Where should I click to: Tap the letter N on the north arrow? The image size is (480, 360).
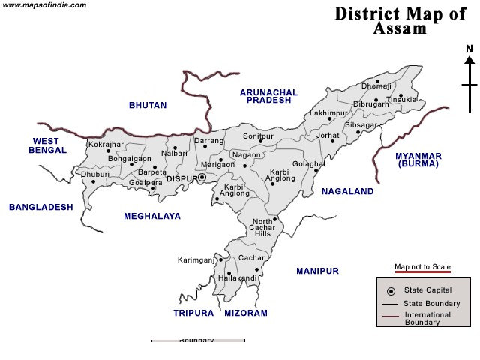point(469,49)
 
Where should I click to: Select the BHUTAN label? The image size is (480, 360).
point(148,105)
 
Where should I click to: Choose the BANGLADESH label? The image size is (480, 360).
point(40,207)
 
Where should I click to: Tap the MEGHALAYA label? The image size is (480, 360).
point(152,216)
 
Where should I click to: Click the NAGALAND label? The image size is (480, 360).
point(347,192)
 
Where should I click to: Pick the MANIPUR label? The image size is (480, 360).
point(317,271)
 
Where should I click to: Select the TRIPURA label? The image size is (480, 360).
point(193,313)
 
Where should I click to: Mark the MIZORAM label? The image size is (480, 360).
point(246,313)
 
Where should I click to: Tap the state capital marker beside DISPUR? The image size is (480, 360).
point(202,178)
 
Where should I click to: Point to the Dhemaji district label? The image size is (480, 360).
point(376,86)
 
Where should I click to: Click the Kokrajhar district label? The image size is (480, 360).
point(105,144)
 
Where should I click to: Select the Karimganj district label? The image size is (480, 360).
point(196,260)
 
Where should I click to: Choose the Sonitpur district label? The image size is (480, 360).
point(259,137)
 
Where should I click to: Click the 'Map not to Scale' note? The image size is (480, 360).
point(422,267)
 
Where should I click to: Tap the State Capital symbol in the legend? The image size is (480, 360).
point(390,291)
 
